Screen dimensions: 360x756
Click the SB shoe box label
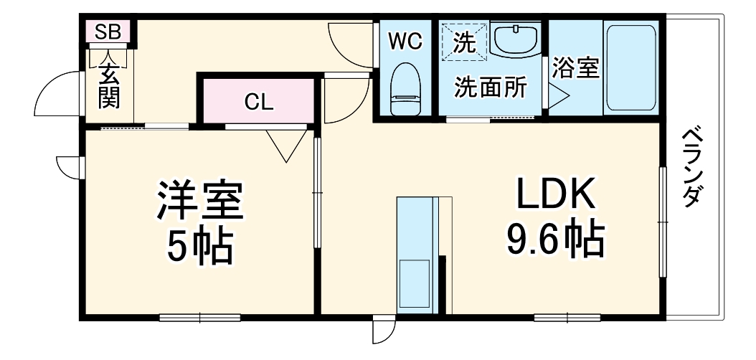[109, 32]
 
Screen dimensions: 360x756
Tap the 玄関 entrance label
[109, 86]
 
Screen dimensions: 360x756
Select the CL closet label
[258, 102]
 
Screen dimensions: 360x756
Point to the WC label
[405, 42]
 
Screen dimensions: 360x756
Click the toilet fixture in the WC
[405, 90]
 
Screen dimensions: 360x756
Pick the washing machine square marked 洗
[464, 42]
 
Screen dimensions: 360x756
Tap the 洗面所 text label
[490, 87]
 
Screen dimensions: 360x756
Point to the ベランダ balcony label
[690, 166]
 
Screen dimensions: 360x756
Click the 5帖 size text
[200, 247]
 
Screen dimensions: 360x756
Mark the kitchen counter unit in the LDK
[415, 255]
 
